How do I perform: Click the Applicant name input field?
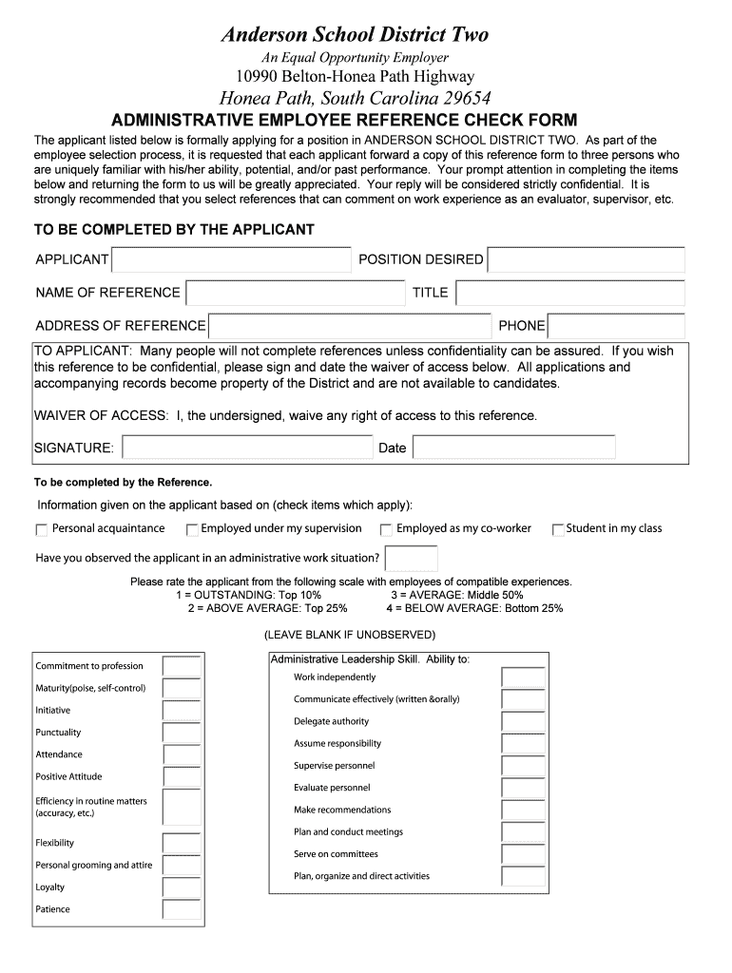(x=230, y=260)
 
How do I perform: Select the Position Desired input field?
(x=585, y=260)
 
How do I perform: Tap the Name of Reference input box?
(x=296, y=293)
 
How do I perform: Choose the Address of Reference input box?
(x=349, y=326)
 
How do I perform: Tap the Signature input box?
(x=247, y=448)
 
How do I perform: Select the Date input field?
(x=513, y=448)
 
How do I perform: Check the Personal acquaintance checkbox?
(x=42, y=530)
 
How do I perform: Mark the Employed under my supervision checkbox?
(x=192, y=530)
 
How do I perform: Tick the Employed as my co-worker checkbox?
(x=386, y=530)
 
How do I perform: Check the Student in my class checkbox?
(x=558, y=530)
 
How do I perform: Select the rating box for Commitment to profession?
(x=181, y=666)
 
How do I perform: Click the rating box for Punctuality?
(x=181, y=733)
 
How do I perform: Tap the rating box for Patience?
(x=181, y=909)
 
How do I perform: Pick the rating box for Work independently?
(x=523, y=677)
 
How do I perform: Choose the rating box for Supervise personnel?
(x=523, y=766)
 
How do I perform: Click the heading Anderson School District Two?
(x=355, y=35)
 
